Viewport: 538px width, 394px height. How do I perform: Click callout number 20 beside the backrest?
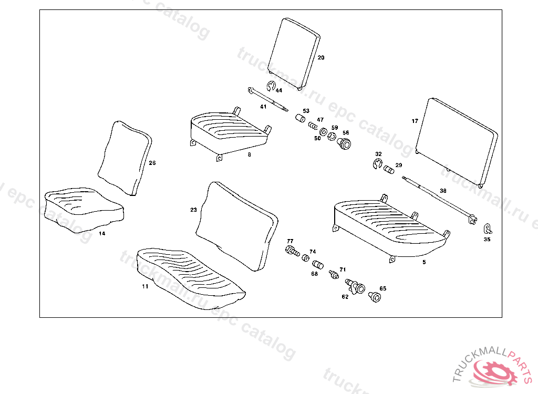321,58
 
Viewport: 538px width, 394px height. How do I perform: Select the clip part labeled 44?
271,87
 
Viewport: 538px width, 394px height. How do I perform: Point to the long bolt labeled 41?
268,99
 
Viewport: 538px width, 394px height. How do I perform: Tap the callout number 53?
306,111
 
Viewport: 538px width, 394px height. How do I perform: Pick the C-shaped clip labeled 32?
377,164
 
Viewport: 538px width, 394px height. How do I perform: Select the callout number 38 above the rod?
443,191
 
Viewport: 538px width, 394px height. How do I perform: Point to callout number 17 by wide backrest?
415,121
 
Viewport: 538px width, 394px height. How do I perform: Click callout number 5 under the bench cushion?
424,261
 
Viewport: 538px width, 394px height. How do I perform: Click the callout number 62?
345,297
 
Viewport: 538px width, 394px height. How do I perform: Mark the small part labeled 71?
333,274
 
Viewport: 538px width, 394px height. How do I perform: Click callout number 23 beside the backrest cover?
193,210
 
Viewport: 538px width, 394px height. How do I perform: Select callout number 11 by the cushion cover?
145,287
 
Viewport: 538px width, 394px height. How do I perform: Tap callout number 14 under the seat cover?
102,233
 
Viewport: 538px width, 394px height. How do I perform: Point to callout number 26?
152,163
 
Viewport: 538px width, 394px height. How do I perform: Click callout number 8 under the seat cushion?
250,154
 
